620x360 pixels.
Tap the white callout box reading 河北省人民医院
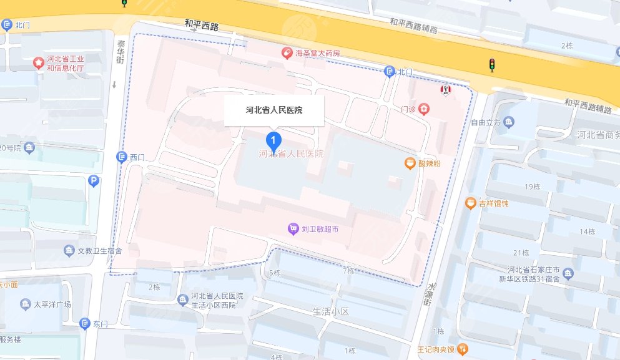(x=274, y=110)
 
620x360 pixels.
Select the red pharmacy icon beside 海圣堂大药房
(x=287, y=54)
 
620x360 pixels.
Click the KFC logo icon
(x=446, y=91)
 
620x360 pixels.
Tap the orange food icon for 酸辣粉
(x=410, y=163)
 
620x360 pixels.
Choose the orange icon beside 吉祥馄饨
(x=470, y=203)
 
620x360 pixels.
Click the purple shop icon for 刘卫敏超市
(x=293, y=230)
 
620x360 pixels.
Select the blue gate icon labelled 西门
(x=121, y=157)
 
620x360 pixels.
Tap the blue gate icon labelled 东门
(x=85, y=324)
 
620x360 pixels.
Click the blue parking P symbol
(x=93, y=182)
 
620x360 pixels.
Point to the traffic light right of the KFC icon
(x=492, y=64)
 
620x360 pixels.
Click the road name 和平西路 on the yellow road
(x=202, y=26)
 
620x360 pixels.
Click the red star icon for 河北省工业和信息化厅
(x=39, y=63)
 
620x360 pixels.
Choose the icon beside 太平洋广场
(x=25, y=305)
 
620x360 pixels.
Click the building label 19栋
(x=533, y=187)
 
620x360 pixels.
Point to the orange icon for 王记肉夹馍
(x=462, y=349)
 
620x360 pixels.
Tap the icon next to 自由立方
(x=510, y=122)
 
